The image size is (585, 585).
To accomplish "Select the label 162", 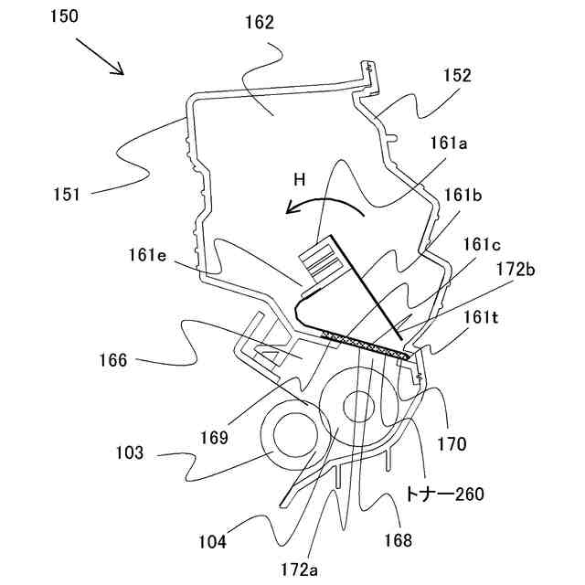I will point(259,24).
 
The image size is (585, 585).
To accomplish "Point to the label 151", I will point(67,194).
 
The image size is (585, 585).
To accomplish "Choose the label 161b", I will point(464,194).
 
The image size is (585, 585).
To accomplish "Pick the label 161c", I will point(483,244).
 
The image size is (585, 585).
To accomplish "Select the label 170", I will point(452,445).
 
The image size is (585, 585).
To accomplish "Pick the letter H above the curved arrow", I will point(299,180).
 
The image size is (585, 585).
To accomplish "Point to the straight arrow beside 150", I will point(101,56).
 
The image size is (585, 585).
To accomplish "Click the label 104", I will point(213,540).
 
